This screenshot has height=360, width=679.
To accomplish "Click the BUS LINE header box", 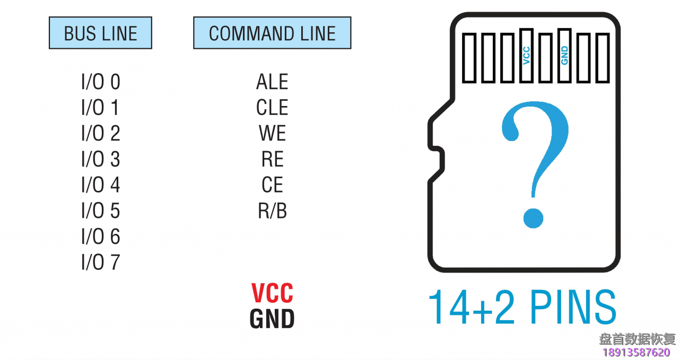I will [x=100, y=33].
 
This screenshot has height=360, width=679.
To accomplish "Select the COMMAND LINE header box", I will [x=272, y=33].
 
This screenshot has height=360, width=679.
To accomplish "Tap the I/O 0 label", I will [x=100, y=82].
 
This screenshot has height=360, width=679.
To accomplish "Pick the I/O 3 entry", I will [x=100, y=160].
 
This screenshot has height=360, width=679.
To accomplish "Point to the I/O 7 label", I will [x=100, y=262].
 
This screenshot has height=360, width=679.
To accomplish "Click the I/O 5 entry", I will [x=100, y=211].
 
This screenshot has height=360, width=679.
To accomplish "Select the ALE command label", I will [x=272, y=82].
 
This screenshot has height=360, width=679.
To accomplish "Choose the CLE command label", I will [x=272, y=108].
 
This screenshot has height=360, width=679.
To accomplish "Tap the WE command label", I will [x=272, y=134].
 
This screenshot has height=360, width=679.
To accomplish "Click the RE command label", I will [x=272, y=160].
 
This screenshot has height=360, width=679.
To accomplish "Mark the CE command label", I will [x=272, y=185].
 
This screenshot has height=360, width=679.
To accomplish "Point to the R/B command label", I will [x=272, y=211].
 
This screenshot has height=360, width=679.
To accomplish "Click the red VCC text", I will [x=272, y=293].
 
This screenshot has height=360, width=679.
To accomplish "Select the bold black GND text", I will [x=272, y=319].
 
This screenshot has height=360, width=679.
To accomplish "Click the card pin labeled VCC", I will [x=526, y=56].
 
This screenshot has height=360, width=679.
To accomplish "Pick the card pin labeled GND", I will [x=564, y=56].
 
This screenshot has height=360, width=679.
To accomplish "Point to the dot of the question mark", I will [x=533, y=217].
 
